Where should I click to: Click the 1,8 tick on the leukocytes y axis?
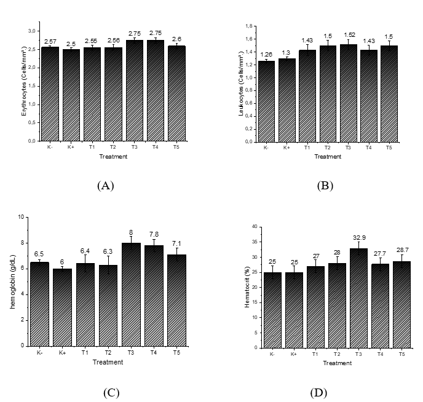pos(250,26)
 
